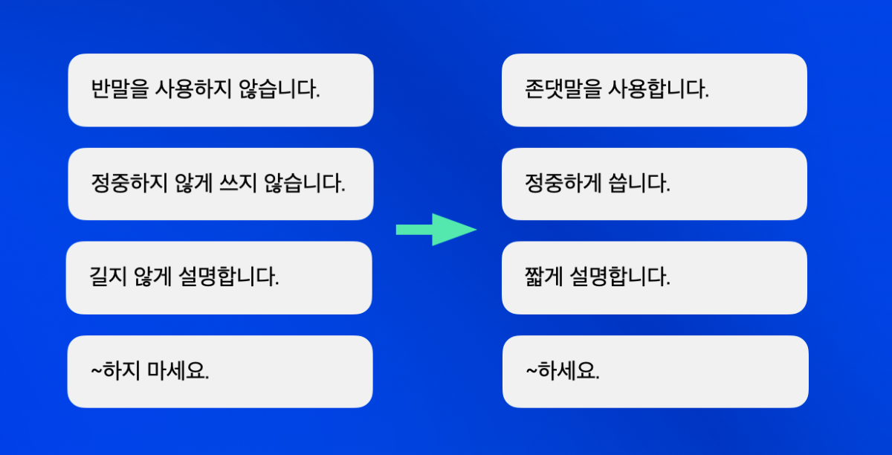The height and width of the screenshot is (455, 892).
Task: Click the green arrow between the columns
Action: (436, 230)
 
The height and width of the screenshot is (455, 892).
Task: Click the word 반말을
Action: (120, 89)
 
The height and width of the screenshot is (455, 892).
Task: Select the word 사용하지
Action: (193, 89)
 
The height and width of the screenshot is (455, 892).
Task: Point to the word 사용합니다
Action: (659, 89)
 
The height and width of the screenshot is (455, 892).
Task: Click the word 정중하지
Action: (129, 184)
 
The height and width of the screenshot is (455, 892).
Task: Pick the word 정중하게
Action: (563, 184)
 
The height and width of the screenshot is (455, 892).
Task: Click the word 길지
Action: (108, 277)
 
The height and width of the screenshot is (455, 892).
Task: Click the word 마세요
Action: (178, 371)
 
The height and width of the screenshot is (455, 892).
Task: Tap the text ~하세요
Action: (563, 371)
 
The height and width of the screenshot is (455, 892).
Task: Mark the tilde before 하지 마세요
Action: (97, 371)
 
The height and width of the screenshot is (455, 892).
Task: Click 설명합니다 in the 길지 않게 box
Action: (229, 277)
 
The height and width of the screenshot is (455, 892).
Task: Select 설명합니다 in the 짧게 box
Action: (620, 277)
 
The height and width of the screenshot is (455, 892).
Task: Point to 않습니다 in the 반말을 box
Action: (279, 89)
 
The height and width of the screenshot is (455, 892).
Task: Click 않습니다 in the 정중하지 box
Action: (305, 184)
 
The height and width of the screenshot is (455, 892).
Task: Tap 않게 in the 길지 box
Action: (152, 277)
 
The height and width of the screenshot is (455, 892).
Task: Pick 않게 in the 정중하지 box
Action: (193, 184)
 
